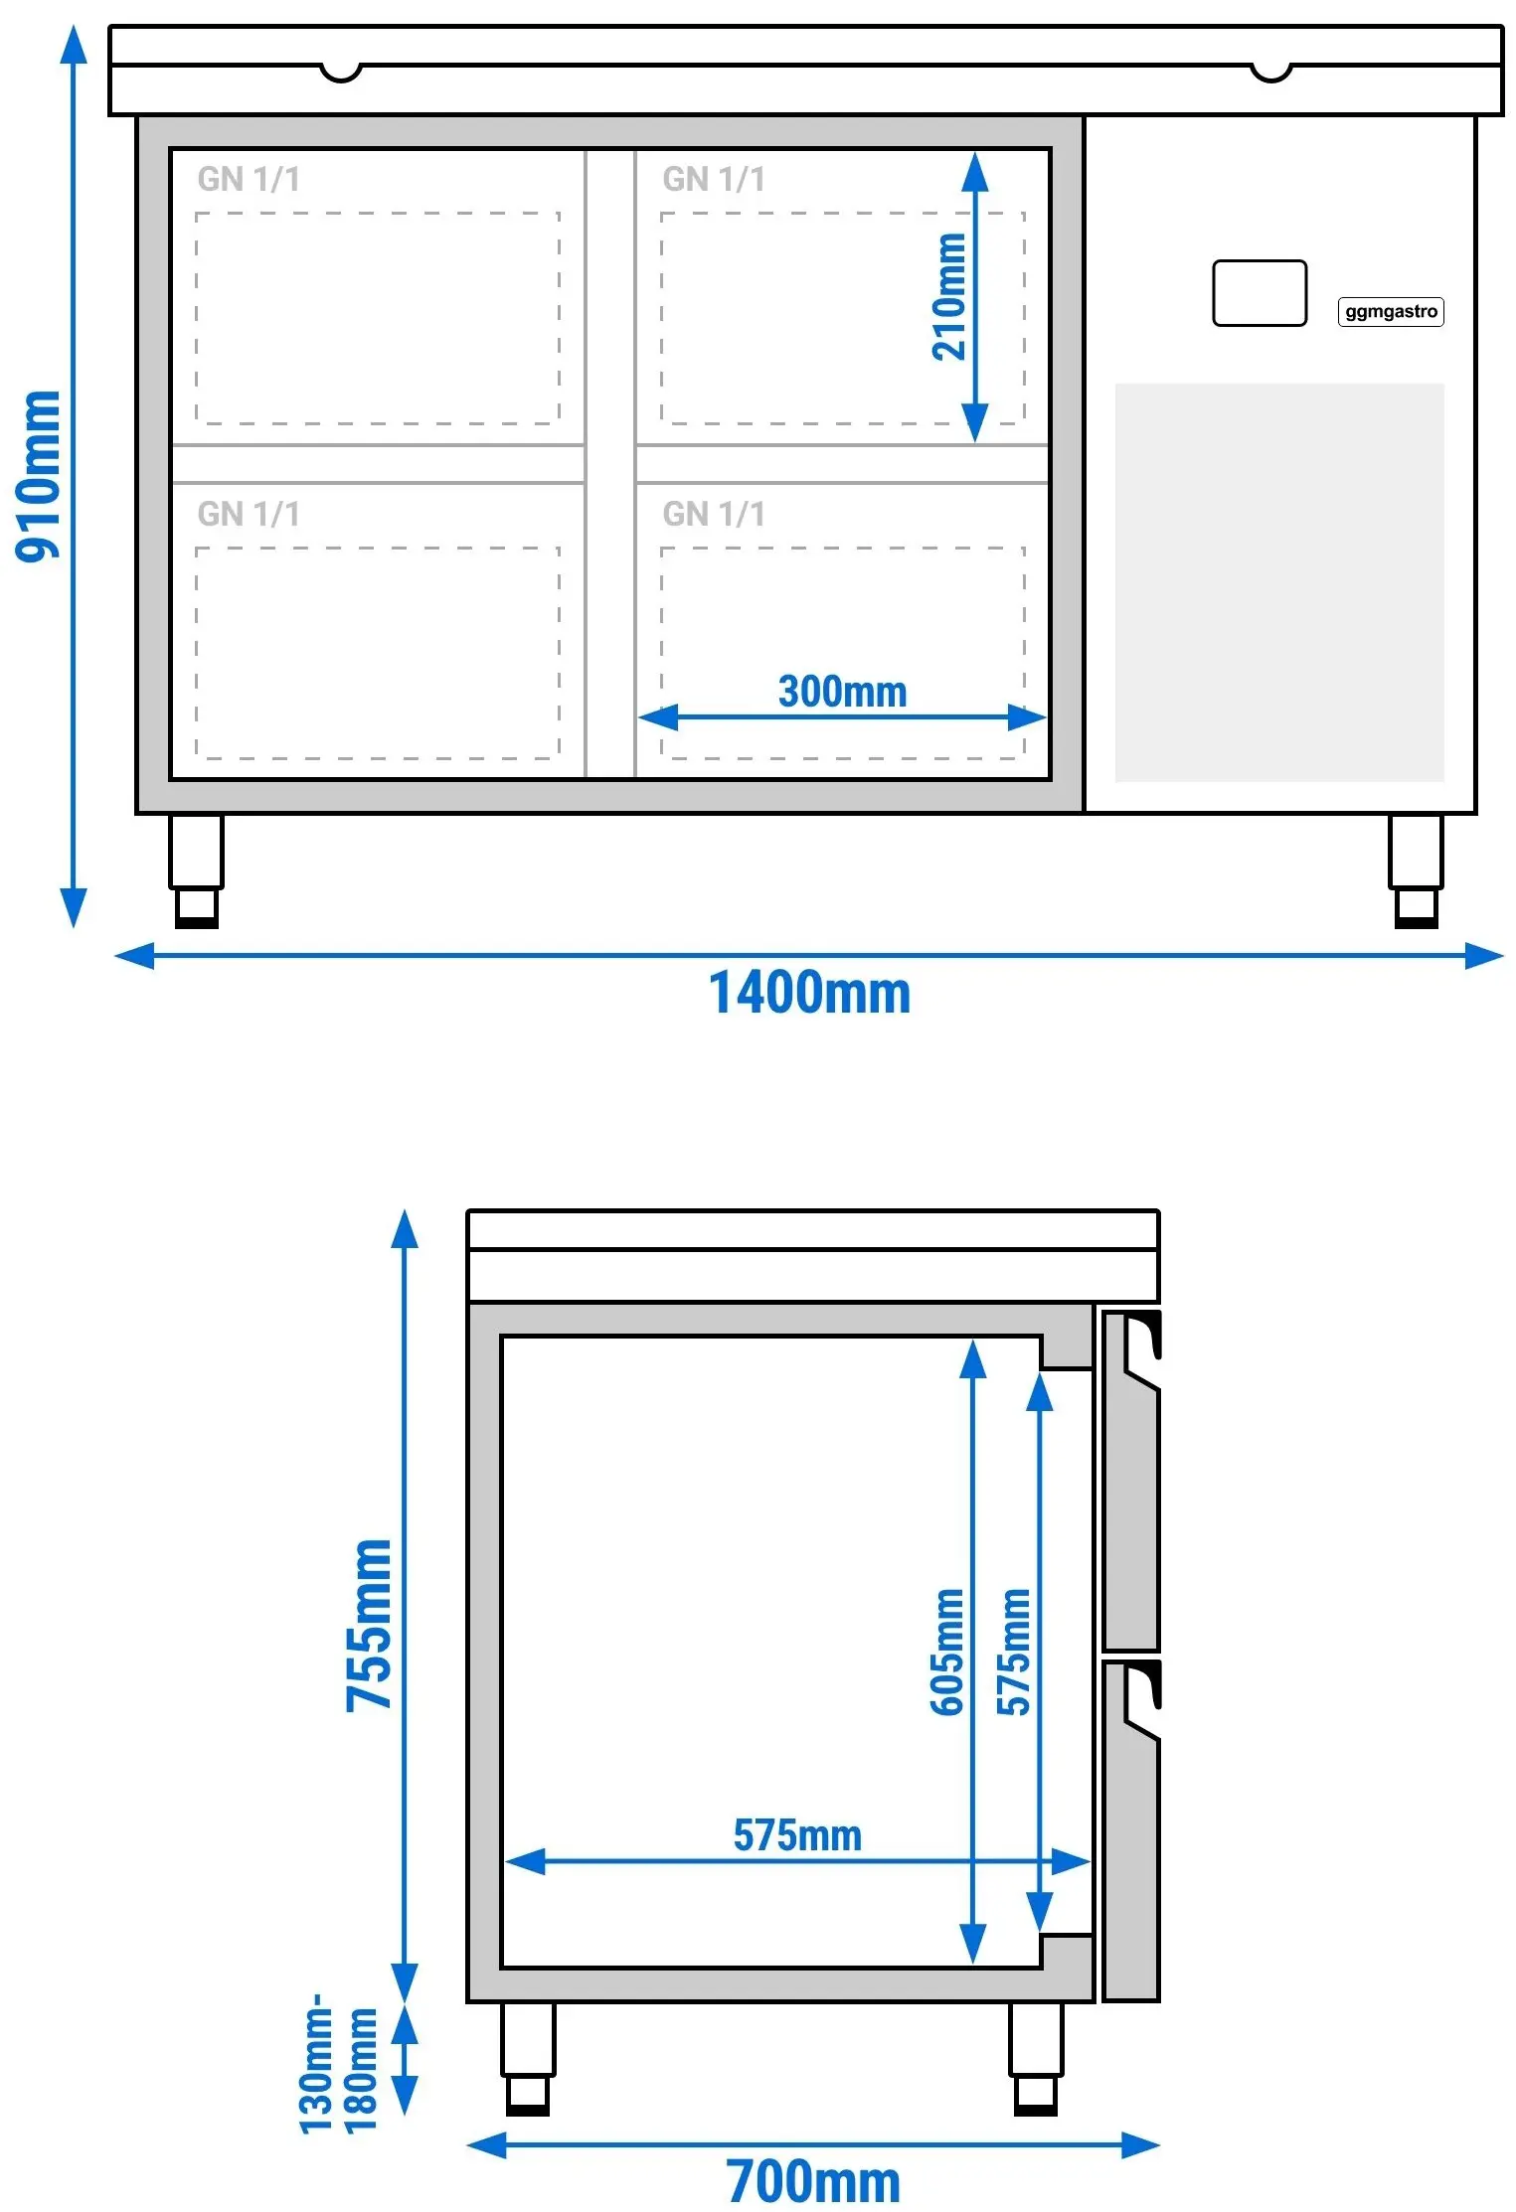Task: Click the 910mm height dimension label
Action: pyautogui.click(x=38, y=476)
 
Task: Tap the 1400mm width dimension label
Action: pyautogui.click(x=809, y=993)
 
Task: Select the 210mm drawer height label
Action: pyautogui.click(x=949, y=296)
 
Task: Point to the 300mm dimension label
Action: pyautogui.click(x=842, y=692)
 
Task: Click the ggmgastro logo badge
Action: pyautogui.click(x=1391, y=312)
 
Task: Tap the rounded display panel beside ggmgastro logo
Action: pyautogui.click(x=1260, y=293)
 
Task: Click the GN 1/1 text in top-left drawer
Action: pyautogui.click(x=249, y=179)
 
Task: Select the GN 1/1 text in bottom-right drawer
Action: pyautogui.click(x=714, y=514)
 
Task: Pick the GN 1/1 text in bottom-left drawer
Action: pyautogui.click(x=249, y=514)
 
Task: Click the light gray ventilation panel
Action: pyautogui.click(x=1279, y=582)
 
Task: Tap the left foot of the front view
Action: pyautogui.click(x=196, y=871)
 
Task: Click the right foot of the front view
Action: pyautogui.click(x=1416, y=871)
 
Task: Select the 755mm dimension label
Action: pyautogui.click(x=369, y=1626)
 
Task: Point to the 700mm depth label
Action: pyautogui.click(x=813, y=2181)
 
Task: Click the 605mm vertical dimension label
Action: pyautogui.click(x=946, y=1653)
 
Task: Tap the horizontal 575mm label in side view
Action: pyautogui.click(x=797, y=1835)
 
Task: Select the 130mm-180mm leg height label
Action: pyautogui.click(x=338, y=2064)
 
